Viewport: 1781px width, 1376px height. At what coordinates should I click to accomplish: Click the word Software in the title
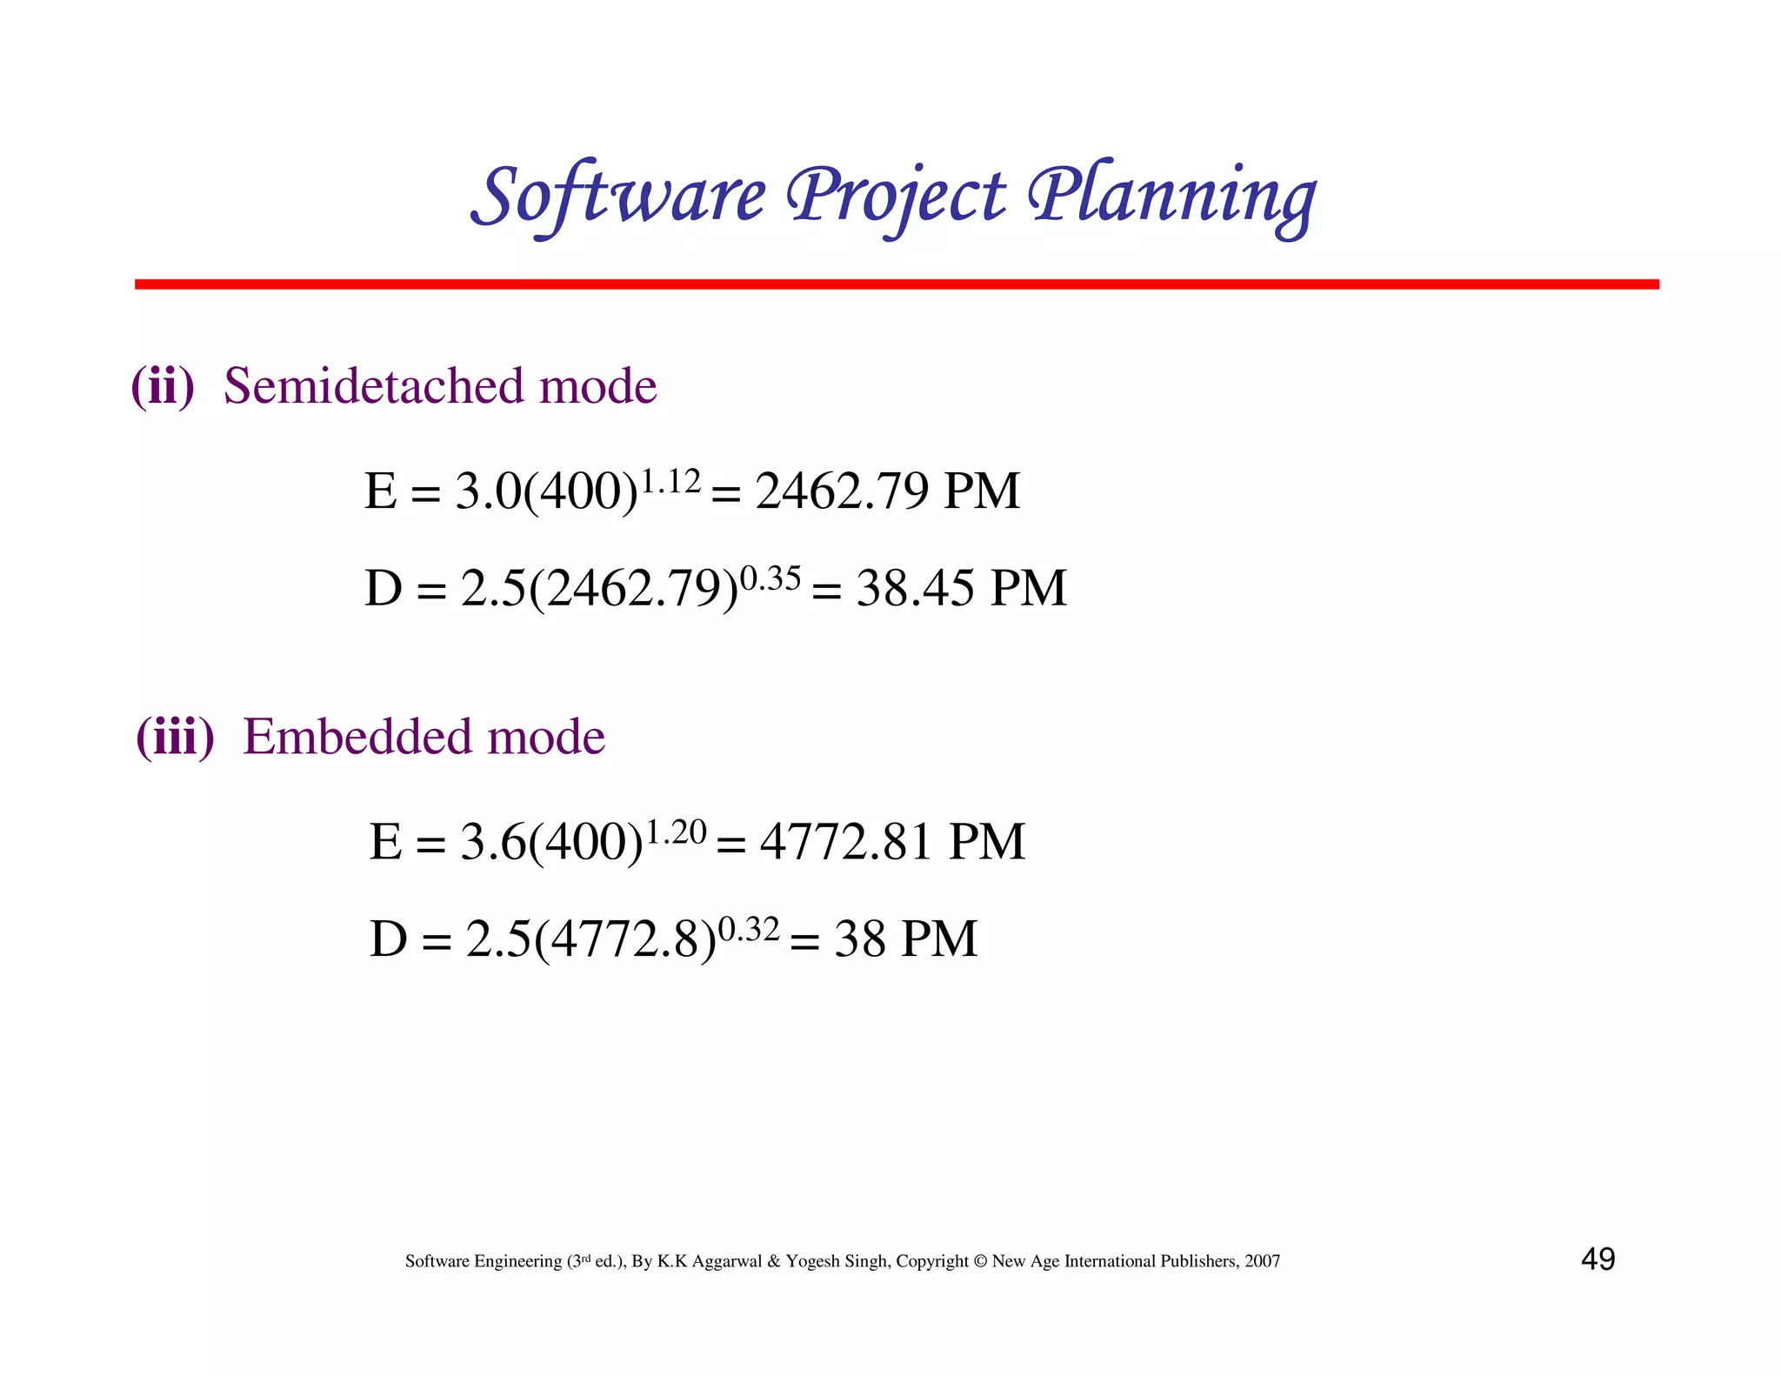[x=618, y=196]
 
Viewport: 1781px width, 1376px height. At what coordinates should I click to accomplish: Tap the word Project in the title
[x=896, y=196]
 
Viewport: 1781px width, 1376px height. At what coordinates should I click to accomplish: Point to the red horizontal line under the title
[x=896, y=284]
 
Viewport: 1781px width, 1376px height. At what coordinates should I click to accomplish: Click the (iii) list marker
[x=175, y=737]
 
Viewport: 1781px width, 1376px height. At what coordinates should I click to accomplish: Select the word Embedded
[x=357, y=737]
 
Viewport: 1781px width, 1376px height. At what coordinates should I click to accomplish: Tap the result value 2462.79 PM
[x=887, y=491]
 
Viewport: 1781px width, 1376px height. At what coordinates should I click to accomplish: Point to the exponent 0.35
[x=770, y=578]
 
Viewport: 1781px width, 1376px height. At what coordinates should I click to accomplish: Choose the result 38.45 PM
[x=961, y=588]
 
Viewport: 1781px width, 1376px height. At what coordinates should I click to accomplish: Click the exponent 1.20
[x=677, y=832]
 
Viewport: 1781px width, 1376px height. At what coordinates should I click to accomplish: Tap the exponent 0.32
[x=749, y=929]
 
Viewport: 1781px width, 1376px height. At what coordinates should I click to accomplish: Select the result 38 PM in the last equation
[x=905, y=939]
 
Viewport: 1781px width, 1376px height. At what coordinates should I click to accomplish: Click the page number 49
[x=1598, y=1259]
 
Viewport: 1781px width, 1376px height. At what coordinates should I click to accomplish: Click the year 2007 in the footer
[x=1262, y=1261]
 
